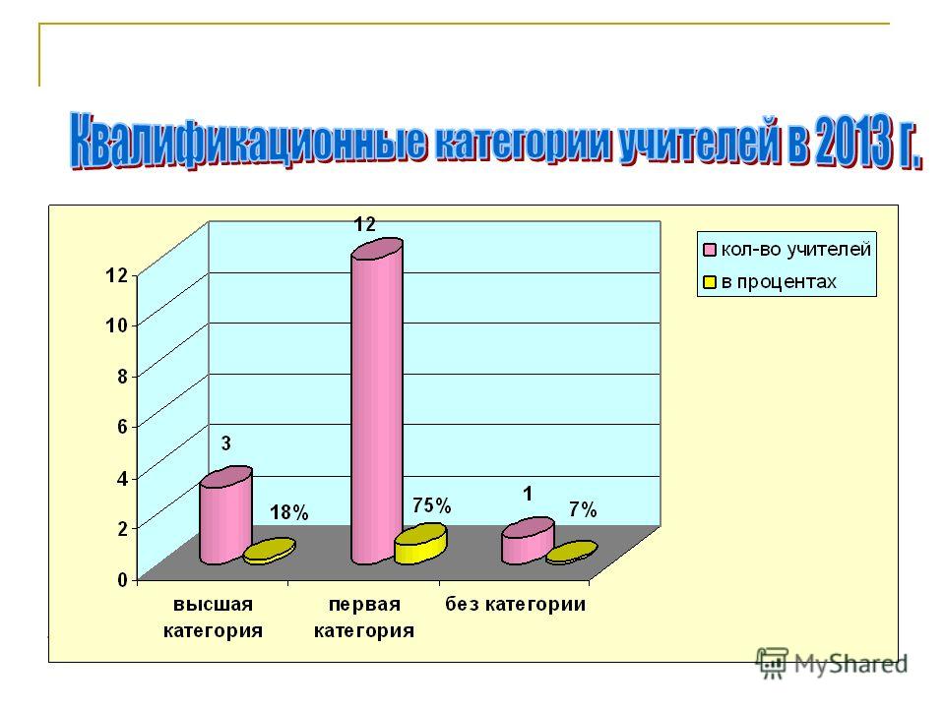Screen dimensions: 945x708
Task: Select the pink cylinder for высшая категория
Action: pyautogui.click(x=226, y=515)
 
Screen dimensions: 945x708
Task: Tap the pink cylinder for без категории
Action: pyautogui.click(x=528, y=541)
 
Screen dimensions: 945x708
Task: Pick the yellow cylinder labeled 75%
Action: pyautogui.click(x=420, y=544)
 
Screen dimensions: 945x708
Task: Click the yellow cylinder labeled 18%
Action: pyautogui.click(x=270, y=551)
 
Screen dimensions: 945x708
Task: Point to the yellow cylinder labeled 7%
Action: pyautogui.click(x=572, y=553)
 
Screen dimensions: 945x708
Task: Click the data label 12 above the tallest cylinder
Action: pyautogui.click(x=364, y=224)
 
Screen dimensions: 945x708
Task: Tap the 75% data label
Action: pyautogui.click(x=431, y=505)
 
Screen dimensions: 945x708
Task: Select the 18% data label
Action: pyautogui.click(x=288, y=512)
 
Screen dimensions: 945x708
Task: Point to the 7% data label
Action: pyautogui.click(x=583, y=510)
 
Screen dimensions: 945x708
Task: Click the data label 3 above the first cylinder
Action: pyautogui.click(x=226, y=443)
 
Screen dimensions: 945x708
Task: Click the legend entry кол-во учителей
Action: pyautogui.click(x=787, y=249)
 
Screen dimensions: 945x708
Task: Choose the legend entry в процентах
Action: pyautogui.click(x=770, y=282)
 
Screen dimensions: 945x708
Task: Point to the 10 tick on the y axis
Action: pyautogui.click(x=116, y=325)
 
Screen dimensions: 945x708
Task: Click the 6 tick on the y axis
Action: pyautogui.click(x=122, y=427)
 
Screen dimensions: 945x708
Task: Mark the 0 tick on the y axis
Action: pyautogui.click(x=122, y=580)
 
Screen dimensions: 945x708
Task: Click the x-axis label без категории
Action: pyautogui.click(x=515, y=604)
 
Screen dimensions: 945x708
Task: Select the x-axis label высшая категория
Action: pyautogui.click(x=213, y=618)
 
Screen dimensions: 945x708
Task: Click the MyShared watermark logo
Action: pyautogui.click(x=832, y=663)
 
